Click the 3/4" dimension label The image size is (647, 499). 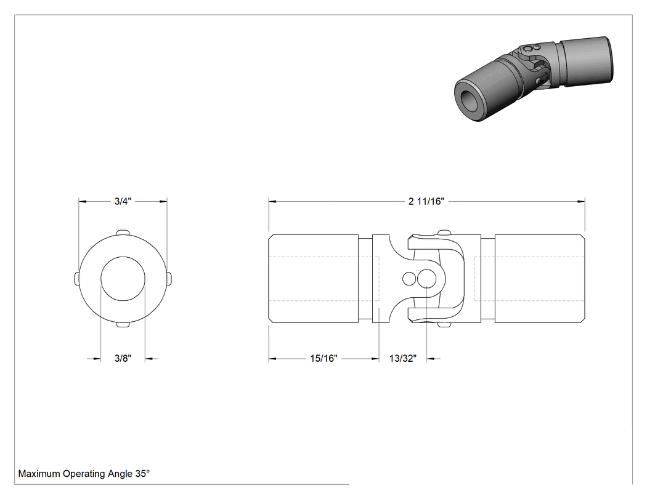pyautogui.click(x=123, y=201)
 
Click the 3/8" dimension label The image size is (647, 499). pyautogui.click(x=123, y=358)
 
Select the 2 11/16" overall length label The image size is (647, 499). pyautogui.click(x=426, y=201)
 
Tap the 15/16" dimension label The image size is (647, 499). pyautogui.click(x=323, y=359)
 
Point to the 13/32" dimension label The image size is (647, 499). pyautogui.click(x=403, y=359)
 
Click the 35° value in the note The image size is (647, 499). pyautogui.click(x=142, y=473)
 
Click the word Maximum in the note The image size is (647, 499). pyautogui.click(x=39, y=474)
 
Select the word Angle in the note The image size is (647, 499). pyautogui.click(x=120, y=474)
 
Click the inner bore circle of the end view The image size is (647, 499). pyautogui.click(x=123, y=257)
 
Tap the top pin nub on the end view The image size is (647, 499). pyautogui.click(x=123, y=233)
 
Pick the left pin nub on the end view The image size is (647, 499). pyautogui.click(x=76, y=279)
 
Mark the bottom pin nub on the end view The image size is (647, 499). pyautogui.click(x=123, y=325)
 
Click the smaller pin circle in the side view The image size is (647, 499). pyautogui.click(x=409, y=279)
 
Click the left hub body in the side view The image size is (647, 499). pyautogui.click(x=314, y=279)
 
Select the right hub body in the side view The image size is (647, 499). pyautogui.click(x=540, y=279)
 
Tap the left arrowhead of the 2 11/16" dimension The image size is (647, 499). pyautogui.click(x=272, y=201)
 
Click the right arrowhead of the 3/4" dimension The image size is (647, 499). pyautogui.click(x=163, y=201)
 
